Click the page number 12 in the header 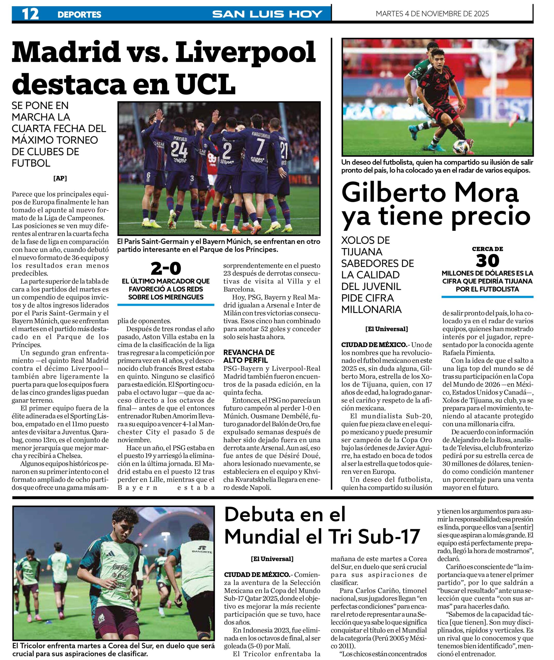point(30,14)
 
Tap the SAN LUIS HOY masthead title point(267,14)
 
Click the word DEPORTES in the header point(79,14)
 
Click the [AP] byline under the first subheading point(60,178)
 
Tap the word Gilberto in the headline point(390,193)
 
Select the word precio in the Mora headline point(490,217)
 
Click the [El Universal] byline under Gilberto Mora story point(386,329)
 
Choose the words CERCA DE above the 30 point(487,249)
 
